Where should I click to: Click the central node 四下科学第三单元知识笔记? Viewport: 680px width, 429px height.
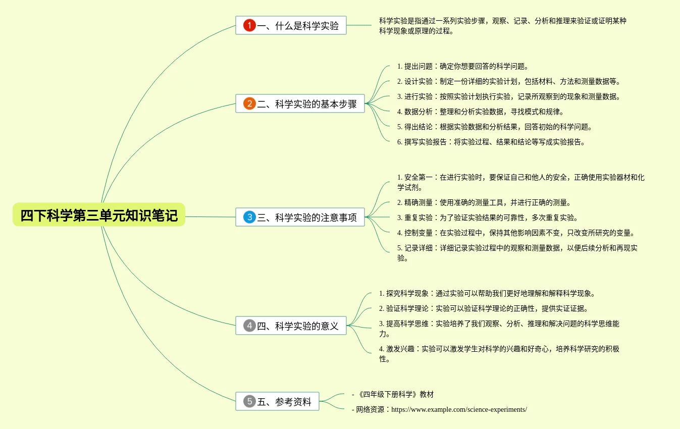99,215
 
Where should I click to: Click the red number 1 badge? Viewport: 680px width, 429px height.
249,25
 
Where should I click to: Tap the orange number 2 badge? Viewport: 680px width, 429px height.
249,104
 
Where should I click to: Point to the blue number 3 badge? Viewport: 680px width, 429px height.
249,218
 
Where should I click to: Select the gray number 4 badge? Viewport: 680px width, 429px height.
249,326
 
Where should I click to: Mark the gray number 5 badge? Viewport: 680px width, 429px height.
249,402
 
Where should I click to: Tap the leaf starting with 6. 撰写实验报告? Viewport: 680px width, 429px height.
491,142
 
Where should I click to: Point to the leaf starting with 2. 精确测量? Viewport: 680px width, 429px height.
484,202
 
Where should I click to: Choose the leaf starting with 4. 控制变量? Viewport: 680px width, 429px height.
515,233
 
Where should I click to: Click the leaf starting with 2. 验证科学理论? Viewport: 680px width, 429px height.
484,308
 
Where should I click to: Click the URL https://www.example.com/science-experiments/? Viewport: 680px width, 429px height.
459,409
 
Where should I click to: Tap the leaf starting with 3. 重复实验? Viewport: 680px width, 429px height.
487,218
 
